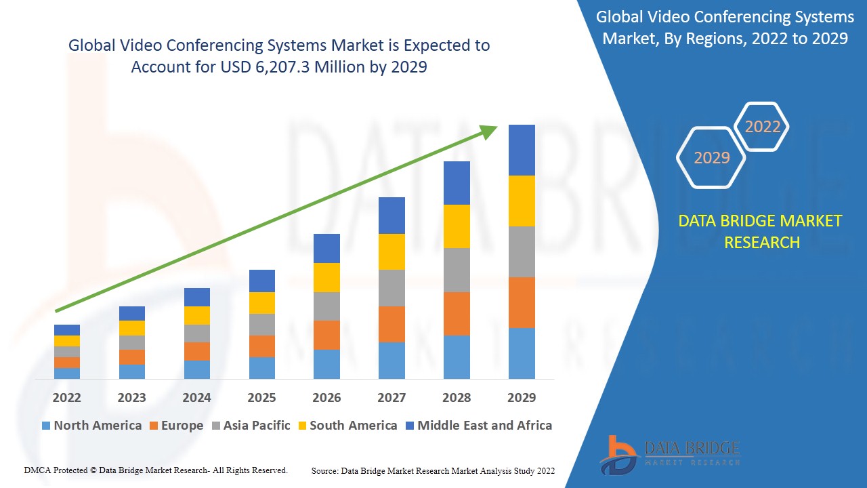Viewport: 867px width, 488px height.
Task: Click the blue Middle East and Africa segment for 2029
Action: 522,150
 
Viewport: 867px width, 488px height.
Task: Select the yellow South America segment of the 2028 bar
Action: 457,226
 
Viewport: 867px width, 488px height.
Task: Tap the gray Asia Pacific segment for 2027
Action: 392,288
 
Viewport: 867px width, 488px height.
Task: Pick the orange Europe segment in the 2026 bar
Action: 326,335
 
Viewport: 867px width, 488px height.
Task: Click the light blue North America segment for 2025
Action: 262,367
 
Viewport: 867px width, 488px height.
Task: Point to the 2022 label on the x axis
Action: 67,397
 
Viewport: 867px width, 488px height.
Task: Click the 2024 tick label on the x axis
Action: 196,397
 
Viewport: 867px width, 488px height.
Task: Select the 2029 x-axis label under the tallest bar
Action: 522,397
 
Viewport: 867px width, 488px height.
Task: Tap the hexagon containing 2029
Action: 711,158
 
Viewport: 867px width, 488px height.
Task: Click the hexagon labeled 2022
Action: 763,127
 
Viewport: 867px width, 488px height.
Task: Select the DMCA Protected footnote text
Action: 156,470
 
